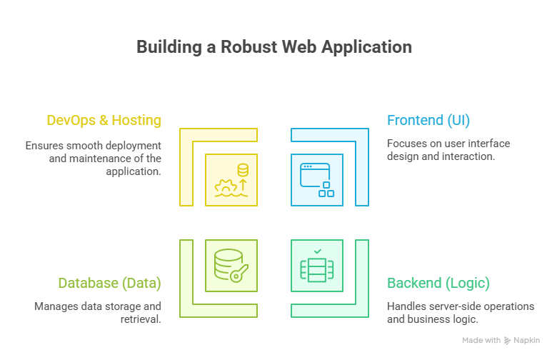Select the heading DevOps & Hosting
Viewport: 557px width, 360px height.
tap(104, 120)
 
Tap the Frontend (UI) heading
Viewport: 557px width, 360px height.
tap(428, 120)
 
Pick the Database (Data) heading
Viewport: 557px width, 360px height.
tap(109, 283)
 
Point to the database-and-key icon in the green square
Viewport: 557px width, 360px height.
tap(231, 265)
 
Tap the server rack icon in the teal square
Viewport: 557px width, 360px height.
tap(317, 268)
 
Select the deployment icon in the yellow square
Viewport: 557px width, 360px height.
tap(231, 180)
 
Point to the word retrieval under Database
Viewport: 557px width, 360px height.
tap(139, 319)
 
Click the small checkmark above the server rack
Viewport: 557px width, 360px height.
tap(317, 251)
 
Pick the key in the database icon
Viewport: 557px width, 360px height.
tap(239, 272)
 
